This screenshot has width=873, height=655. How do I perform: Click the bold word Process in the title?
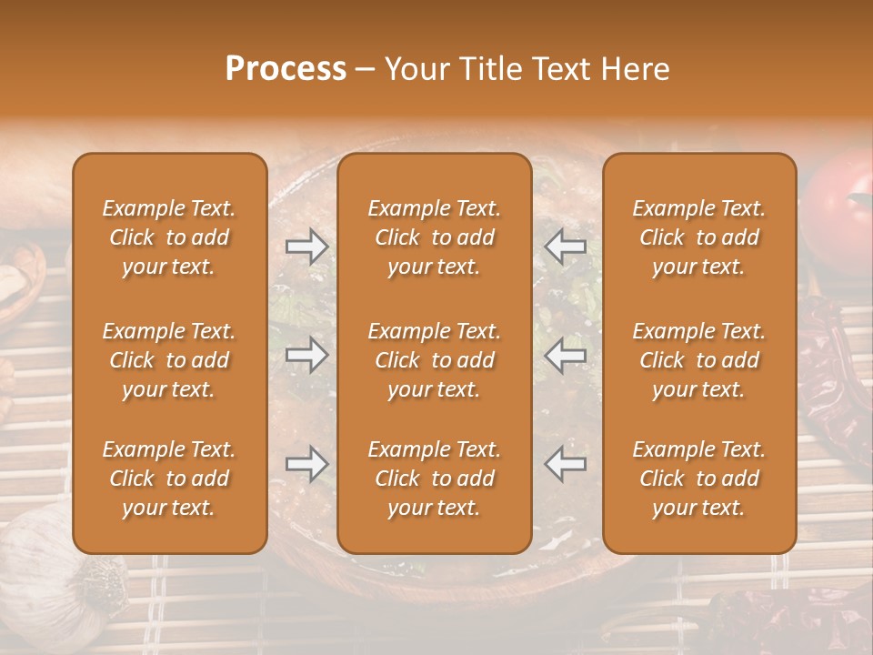286,69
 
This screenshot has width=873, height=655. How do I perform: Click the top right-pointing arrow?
306,247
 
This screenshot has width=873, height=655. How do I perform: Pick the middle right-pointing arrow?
306,355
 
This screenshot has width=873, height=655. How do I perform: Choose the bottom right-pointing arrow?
306,464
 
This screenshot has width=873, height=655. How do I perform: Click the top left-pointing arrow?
566,247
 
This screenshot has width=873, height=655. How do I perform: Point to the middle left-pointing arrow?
566,355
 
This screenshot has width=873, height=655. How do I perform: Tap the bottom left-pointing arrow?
566,464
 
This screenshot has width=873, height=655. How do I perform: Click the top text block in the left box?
169,237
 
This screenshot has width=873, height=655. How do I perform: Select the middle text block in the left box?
169,360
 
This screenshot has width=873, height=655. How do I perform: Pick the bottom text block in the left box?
169,479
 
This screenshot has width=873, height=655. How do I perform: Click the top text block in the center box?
434,237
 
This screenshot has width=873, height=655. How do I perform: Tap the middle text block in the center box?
434,360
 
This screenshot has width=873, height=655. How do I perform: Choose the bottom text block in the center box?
434,479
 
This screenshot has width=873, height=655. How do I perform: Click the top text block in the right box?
698,237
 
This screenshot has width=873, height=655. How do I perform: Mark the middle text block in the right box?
698,360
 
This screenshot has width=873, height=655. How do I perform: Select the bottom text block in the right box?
698,479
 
